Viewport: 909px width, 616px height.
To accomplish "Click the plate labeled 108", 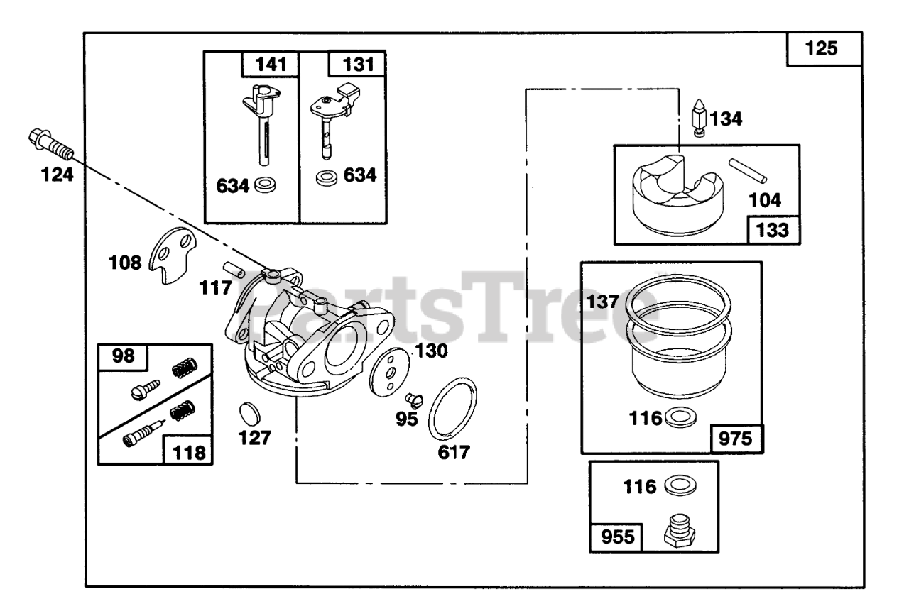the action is coord(174,255).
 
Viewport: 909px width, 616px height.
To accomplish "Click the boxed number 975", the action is coord(734,438).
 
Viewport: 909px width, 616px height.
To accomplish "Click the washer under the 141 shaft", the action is coord(267,186).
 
